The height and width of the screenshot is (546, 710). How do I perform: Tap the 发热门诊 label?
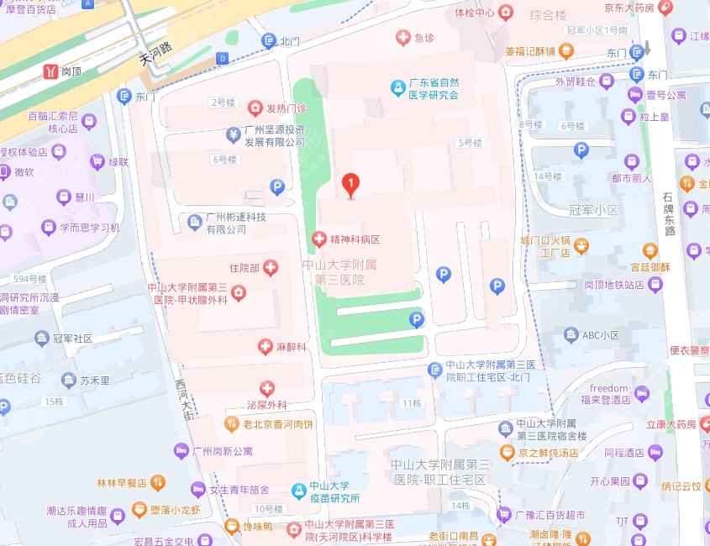click(x=287, y=108)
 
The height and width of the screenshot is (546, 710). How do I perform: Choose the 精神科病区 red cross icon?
click(x=319, y=239)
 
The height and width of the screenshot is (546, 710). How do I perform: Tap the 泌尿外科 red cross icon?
click(x=267, y=388)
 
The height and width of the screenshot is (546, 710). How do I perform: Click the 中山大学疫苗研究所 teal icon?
click(x=297, y=491)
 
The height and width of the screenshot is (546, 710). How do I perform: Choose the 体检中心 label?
click(x=474, y=13)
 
